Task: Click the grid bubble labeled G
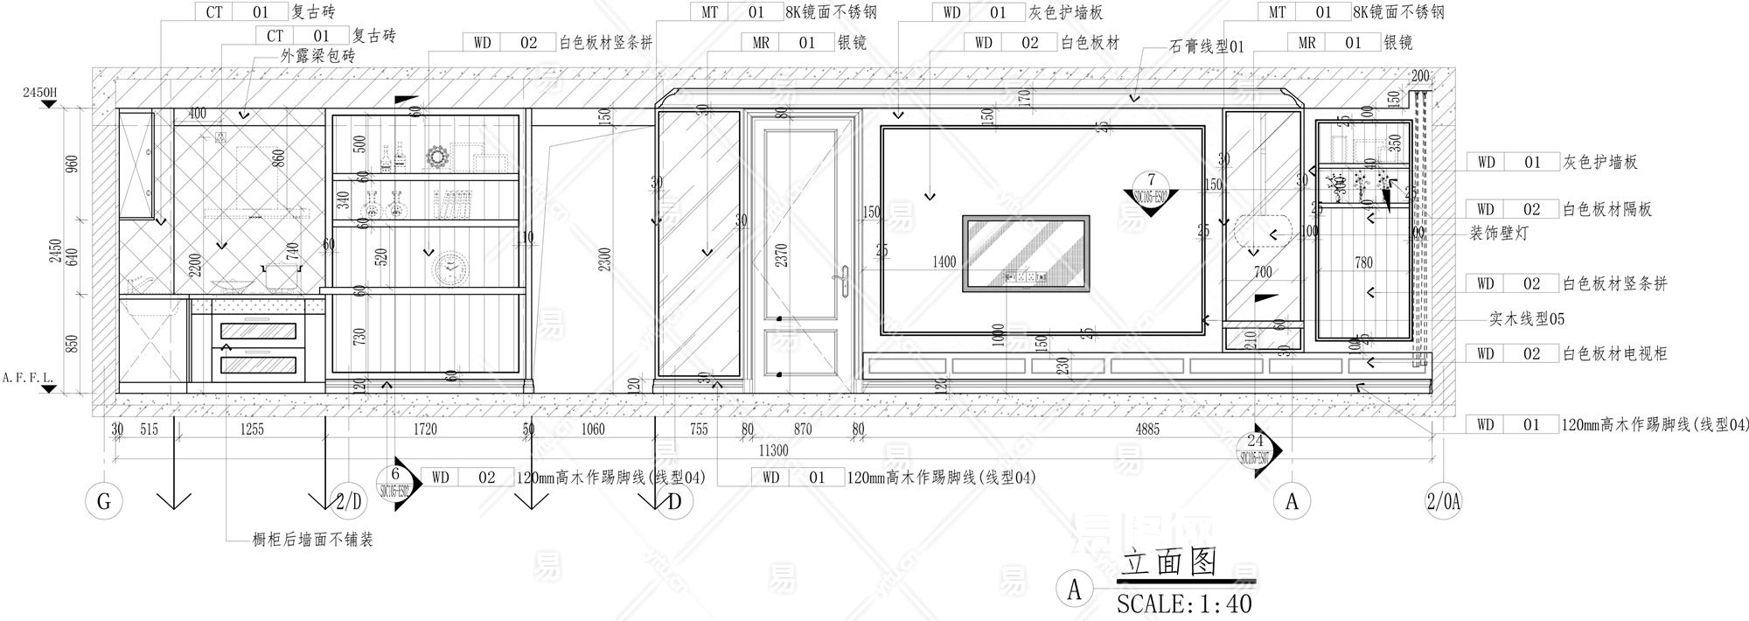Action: (x=104, y=501)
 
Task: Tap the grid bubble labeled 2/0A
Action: (x=1443, y=501)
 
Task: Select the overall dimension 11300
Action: (x=773, y=451)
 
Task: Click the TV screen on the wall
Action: (x=1026, y=253)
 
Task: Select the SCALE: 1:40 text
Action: (x=1184, y=604)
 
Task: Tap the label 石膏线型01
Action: (x=1206, y=47)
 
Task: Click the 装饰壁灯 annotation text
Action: (x=1499, y=234)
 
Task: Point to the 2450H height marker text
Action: (x=39, y=93)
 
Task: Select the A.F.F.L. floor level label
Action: (x=28, y=378)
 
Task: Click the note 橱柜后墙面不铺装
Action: (x=312, y=540)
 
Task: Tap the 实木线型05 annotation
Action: (x=1527, y=319)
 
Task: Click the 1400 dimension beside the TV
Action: (x=944, y=262)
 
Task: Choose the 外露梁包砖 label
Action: (x=317, y=56)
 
